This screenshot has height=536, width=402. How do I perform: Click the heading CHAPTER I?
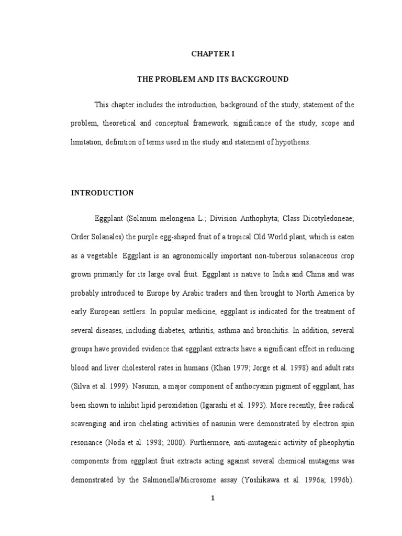click(213, 53)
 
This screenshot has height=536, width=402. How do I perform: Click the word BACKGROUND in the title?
click(263, 79)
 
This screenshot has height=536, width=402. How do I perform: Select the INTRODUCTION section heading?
click(102, 193)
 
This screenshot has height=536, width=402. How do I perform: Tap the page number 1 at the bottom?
click(213, 498)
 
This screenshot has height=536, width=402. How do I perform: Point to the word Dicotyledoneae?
click(328, 218)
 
